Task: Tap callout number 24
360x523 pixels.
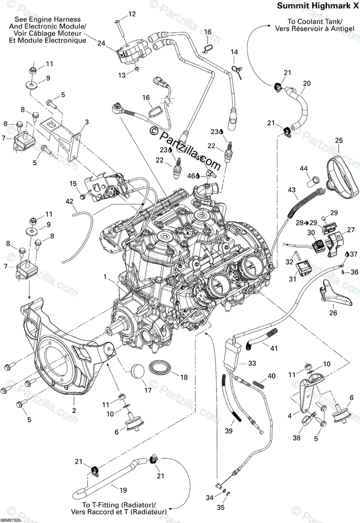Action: pos(102,43)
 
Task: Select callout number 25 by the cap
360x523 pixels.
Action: pos(339,140)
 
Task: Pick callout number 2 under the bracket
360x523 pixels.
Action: pos(74,411)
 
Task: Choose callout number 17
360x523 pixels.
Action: pos(148,390)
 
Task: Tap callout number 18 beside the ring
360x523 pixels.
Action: pos(184,377)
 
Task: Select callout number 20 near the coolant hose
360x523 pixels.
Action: pos(307,83)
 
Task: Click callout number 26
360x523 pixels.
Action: pos(333,312)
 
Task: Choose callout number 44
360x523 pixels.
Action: pos(303,168)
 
